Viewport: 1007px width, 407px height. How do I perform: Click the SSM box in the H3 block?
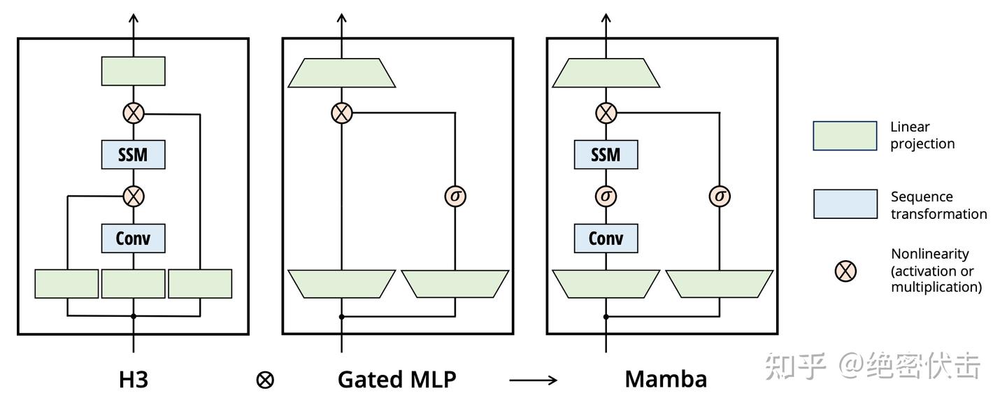tap(133, 155)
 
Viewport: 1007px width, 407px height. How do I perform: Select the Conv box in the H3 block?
tap(133, 238)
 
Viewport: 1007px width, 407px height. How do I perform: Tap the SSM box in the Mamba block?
tap(606, 155)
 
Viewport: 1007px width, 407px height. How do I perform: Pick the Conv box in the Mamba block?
tap(606, 238)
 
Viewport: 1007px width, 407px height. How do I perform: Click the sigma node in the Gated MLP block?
tap(455, 197)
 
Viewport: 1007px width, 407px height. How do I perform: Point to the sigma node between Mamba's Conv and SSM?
tap(606, 197)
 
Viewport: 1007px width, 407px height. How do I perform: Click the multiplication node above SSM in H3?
tap(133, 113)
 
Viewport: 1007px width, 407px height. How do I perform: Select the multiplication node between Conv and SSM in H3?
tap(133, 197)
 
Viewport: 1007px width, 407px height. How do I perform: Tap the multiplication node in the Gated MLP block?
tap(341, 113)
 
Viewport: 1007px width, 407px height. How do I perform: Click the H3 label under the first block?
tap(133, 379)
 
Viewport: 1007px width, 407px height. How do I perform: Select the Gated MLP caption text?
tap(397, 379)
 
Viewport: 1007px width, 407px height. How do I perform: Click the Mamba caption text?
tap(666, 379)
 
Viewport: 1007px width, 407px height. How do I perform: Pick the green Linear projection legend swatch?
tap(845, 136)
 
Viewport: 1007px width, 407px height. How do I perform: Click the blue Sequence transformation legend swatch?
tap(845, 204)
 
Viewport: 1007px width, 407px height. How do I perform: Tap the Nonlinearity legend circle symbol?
tap(845, 271)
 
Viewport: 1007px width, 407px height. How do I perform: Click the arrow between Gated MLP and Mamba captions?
tap(533, 380)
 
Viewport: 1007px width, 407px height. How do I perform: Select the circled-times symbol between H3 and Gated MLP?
tap(265, 380)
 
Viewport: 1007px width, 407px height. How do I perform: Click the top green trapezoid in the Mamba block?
tap(606, 73)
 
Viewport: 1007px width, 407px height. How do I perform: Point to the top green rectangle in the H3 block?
tap(133, 71)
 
